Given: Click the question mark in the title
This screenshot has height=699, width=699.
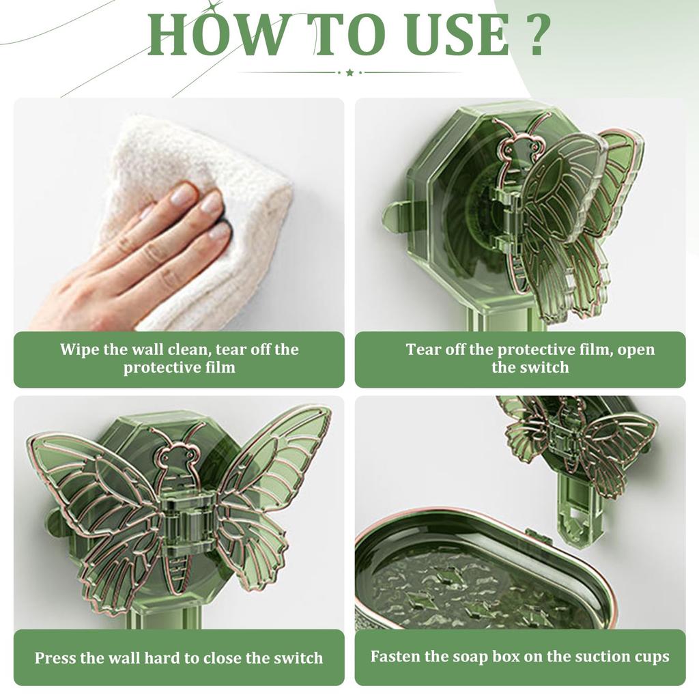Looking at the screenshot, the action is click(533, 35).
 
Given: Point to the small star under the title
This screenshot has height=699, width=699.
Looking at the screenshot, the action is click(349, 72).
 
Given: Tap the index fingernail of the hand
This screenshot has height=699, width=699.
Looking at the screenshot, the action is click(184, 192).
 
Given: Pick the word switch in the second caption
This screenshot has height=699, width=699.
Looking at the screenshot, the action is click(544, 367).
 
